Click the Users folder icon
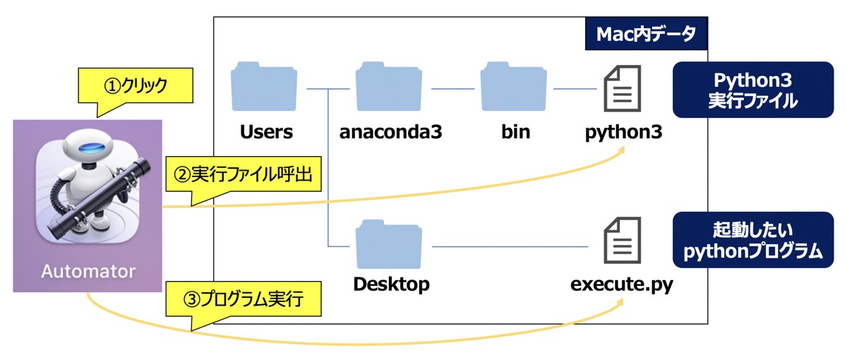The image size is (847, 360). [263, 89]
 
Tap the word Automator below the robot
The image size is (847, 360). [88, 272]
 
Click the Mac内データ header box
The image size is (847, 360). [646, 35]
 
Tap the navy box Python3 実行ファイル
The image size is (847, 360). [752, 90]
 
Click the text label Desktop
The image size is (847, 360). [390, 286]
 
